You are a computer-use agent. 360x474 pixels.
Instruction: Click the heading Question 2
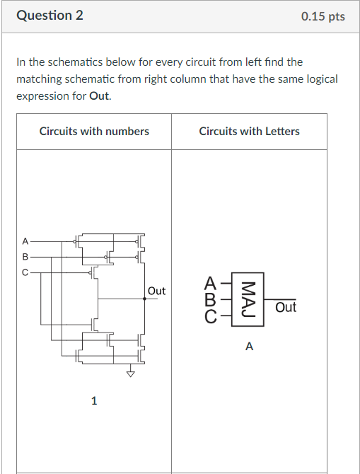coord(50,15)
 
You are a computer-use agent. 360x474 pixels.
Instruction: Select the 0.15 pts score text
coord(323,16)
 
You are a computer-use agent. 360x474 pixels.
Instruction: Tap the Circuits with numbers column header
coord(94,131)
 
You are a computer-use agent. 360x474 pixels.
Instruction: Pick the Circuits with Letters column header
coord(249,131)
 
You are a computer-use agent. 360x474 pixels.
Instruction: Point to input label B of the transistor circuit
coord(25,256)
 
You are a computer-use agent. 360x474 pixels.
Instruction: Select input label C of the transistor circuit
coord(25,271)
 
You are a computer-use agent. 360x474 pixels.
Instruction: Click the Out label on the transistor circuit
coord(157,291)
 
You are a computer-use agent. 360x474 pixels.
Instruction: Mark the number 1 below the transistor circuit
coord(94,401)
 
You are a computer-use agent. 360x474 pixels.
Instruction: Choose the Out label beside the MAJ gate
coord(286,307)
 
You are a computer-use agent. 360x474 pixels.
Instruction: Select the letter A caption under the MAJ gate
coord(248,347)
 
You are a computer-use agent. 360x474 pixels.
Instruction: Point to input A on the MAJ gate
coord(210,283)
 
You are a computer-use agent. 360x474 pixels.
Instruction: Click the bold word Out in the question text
coord(100,96)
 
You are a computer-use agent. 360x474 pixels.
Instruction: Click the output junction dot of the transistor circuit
coord(145,299)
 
